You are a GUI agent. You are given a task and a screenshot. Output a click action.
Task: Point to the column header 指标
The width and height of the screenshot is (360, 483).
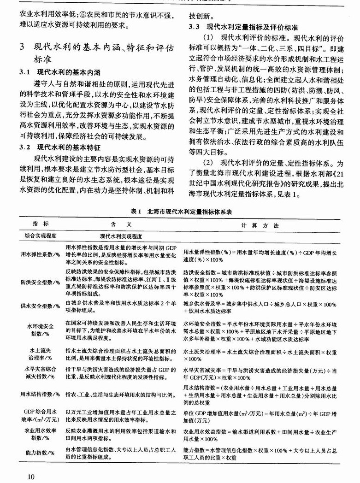click(41, 224)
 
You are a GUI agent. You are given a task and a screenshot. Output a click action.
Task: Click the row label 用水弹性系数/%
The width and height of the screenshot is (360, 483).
click(41, 254)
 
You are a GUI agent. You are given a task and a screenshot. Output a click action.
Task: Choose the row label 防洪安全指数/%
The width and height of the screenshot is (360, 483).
click(41, 281)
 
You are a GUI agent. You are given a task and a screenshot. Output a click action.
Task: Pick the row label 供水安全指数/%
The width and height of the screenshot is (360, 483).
click(41, 305)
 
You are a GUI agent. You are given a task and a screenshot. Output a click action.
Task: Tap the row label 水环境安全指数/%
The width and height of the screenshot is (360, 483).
click(41, 328)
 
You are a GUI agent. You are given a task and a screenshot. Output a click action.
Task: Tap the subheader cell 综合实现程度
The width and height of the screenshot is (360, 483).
click(41, 236)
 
